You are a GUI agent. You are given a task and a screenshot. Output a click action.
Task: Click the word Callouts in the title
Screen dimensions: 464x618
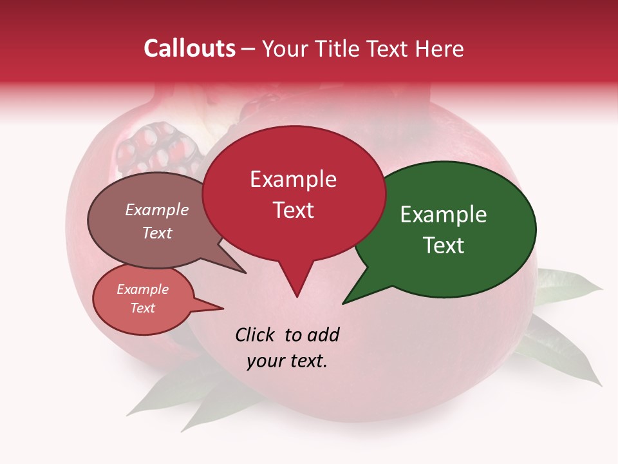(x=189, y=48)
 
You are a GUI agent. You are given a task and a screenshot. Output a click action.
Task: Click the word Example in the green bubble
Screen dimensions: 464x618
(x=444, y=215)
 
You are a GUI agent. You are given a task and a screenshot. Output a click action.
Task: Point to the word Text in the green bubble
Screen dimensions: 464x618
(x=444, y=246)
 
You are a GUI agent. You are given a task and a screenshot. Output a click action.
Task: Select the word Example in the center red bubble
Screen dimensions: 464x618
(x=293, y=179)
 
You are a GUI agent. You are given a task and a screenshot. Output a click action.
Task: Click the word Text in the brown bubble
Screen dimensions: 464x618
(x=157, y=233)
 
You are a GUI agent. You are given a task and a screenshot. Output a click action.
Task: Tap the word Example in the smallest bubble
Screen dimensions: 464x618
(x=142, y=289)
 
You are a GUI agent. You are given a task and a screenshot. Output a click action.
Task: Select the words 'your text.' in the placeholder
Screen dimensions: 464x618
(x=287, y=361)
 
